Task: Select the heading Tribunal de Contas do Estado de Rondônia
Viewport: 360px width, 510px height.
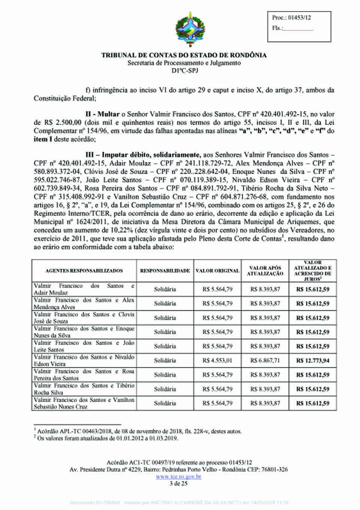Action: pos(184,55)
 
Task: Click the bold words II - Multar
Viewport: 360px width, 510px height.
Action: pos(102,114)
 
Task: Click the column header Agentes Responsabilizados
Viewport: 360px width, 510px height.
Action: pos(84,271)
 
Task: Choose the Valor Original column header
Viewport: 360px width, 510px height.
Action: pos(217,271)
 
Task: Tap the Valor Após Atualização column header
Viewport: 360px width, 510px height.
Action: pos(265,271)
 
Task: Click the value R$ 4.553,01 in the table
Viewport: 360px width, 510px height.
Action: pos(217,361)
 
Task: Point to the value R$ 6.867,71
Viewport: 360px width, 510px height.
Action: pos(265,361)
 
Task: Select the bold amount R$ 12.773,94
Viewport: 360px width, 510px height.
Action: pos(313,361)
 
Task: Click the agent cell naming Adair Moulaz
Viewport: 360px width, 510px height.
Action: pos(84,289)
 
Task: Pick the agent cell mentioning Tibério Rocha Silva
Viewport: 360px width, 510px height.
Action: pos(84,389)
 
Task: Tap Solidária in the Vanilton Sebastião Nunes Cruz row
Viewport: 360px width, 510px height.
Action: pos(165,403)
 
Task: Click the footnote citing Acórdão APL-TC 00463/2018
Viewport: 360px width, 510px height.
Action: pos(139,431)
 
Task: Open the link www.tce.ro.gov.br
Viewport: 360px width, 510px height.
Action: pos(178,477)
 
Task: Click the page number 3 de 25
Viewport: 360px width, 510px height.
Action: pos(178,483)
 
